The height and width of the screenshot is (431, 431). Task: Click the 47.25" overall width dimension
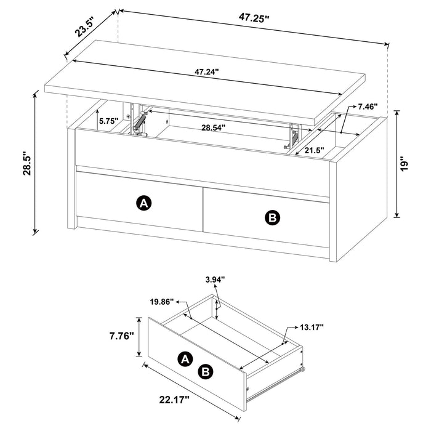tap(254, 18)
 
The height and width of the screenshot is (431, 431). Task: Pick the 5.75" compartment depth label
tap(109, 121)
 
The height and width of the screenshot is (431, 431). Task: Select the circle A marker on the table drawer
tap(144, 203)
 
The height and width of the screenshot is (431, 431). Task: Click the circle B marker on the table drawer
tap(271, 217)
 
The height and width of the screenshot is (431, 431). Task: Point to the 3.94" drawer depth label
tap(214, 280)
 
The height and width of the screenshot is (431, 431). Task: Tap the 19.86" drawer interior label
tap(161, 302)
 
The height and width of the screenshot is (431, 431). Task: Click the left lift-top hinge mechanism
tap(142, 120)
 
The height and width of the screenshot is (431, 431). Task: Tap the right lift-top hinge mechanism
tap(293, 137)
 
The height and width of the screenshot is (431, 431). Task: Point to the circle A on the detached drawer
tap(184, 359)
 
